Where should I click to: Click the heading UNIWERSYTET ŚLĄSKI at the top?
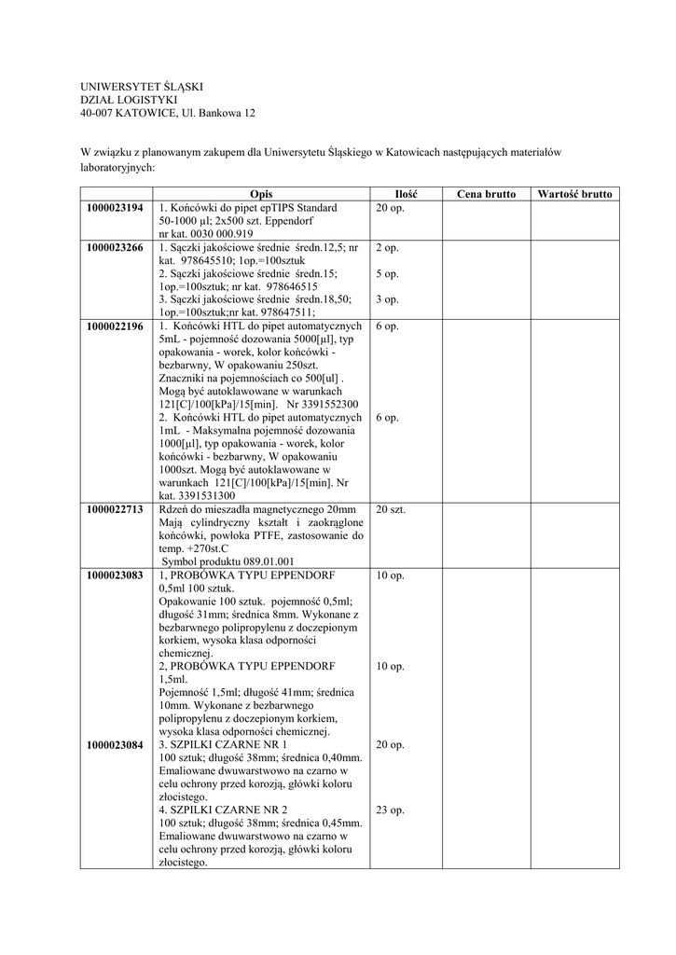pyautogui.click(x=141, y=87)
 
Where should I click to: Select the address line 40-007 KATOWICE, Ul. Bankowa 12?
pyautogui.click(x=168, y=113)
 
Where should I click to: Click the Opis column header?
pyautogui.click(x=261, y=194)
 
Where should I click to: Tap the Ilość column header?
pyautogui.click(x=405, y=194)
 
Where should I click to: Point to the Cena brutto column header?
pyautogui.click(x=486, y=194)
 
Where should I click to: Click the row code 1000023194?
pyautogui.click(x=116, y=207)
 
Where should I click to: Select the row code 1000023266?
pyautogui.click(x=116, y=248)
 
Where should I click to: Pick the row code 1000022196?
pyautogui.click(x=116, y=326)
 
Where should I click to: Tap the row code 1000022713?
pyautogui.click(x=116, y=509)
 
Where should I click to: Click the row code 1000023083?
pyautogui.click(x=116, y=575)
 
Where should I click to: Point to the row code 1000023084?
pyautogui.click(x=116, y=745)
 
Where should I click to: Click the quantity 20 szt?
pyautogui.click(x=391, y=509)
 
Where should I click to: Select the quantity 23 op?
pyautogui.click(x=390, y=810)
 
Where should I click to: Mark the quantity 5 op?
pyautogui.click(x=387, y=274)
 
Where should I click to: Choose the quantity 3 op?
pyautogui.click(x=387, y=300)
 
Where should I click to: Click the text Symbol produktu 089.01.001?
pyautogui.click(x=228, y=561)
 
